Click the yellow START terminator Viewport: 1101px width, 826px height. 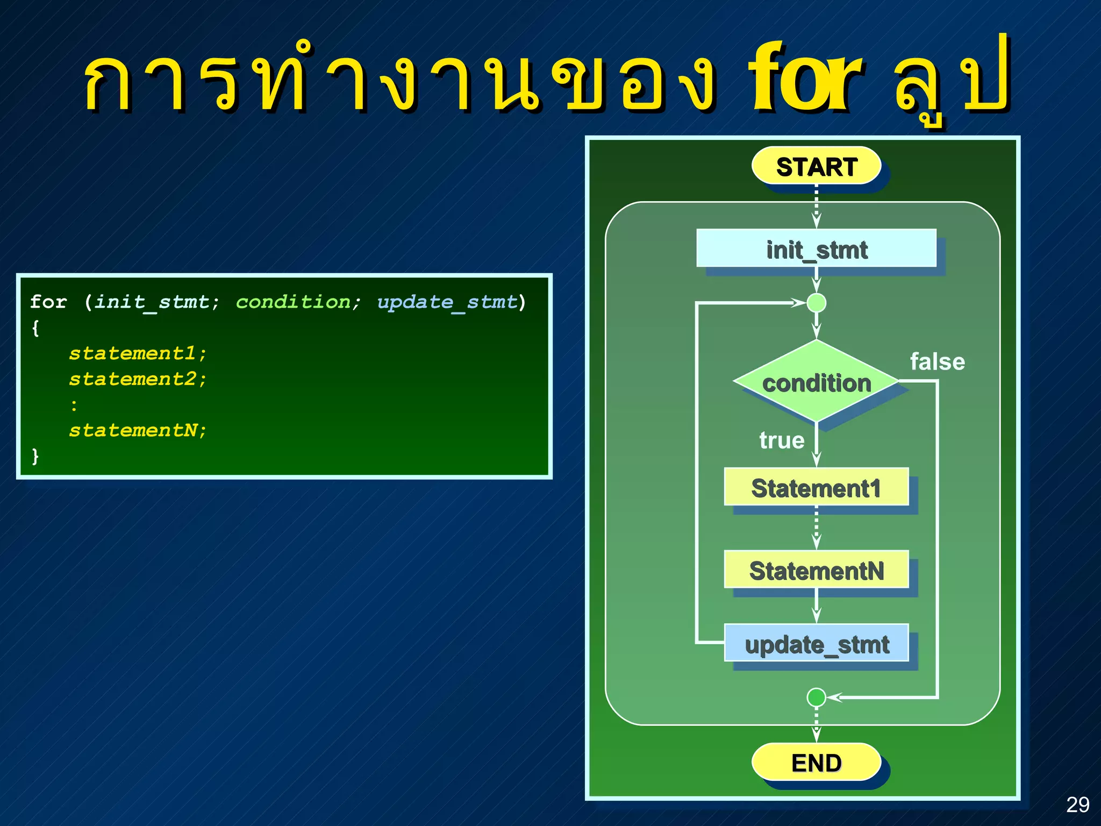[816, 166]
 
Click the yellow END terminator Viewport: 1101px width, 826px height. [816, 762]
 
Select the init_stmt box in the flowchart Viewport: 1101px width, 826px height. [816, 249]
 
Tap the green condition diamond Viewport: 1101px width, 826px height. [816, 382]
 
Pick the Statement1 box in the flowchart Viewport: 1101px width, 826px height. [816, 487]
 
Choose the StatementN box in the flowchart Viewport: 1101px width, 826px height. [816, 569]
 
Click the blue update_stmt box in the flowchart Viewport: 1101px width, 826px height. [816, 643]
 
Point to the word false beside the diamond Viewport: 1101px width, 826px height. [937, 362]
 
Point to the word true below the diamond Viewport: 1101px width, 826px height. [782, 440]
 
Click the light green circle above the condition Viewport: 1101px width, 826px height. [816, 303]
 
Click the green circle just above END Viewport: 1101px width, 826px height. [816, 697]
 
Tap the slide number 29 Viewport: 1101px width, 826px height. [1077, 804]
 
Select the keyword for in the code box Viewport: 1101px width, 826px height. [48, 302]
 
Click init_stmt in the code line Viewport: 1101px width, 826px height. [152, 302]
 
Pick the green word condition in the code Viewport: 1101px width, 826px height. [293, 302]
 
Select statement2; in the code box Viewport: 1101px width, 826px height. [138, 379]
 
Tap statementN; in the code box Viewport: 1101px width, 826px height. [138, 430]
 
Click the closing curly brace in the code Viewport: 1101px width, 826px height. [35, 456]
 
